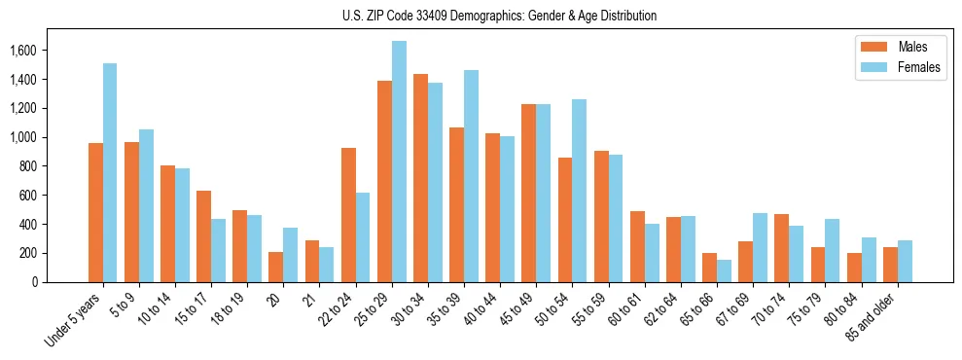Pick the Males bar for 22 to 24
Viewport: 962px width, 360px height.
coord(348,215)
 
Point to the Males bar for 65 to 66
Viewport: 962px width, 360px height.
coord(709,268)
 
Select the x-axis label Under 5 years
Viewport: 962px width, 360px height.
coord(73,322)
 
